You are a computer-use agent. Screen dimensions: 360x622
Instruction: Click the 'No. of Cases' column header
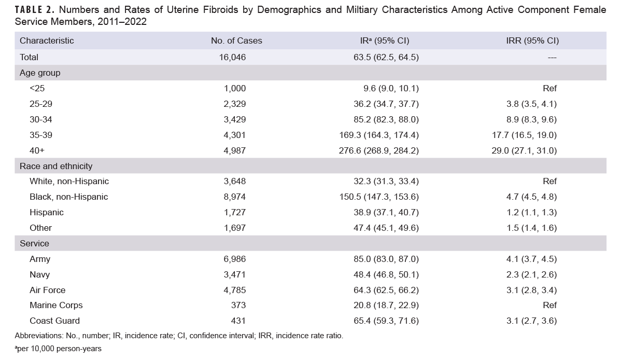coord(236,41)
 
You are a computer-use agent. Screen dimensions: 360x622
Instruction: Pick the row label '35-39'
coord(41,135)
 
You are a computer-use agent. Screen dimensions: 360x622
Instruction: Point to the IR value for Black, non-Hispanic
coord(386,197)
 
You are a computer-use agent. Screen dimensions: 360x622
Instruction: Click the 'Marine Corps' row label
coord(56,305)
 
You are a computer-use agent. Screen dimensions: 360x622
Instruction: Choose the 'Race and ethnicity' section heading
coord(56,166)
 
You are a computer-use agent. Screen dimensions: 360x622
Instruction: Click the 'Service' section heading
coord(34,243)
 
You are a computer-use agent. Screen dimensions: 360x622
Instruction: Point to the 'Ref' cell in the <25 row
coord(549,88)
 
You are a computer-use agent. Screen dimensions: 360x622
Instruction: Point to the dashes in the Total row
coord(552,57)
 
